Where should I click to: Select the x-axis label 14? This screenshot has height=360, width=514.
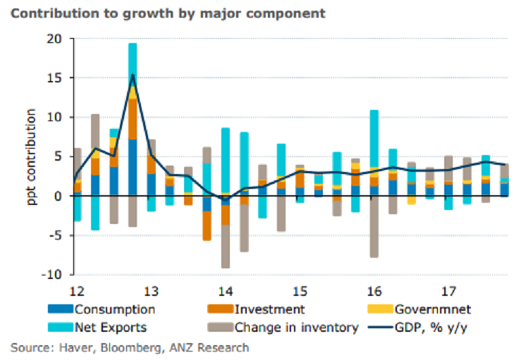pyautogui.click(x=225, y=290)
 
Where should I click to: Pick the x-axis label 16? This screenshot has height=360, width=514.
pyautogui.click(x=374, y=290)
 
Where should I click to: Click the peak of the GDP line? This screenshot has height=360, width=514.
pyautogui.click(x=132, y=75)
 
